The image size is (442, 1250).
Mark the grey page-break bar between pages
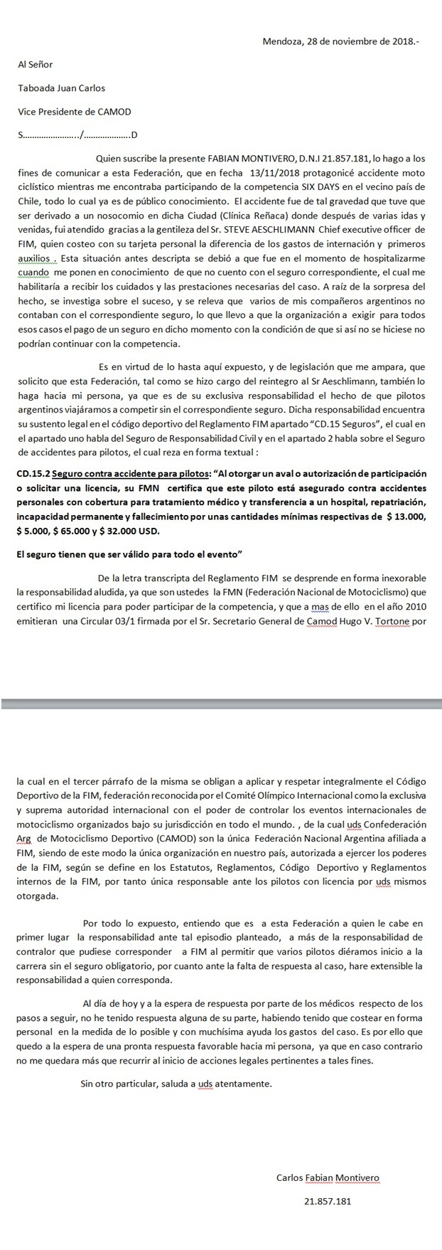221,704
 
